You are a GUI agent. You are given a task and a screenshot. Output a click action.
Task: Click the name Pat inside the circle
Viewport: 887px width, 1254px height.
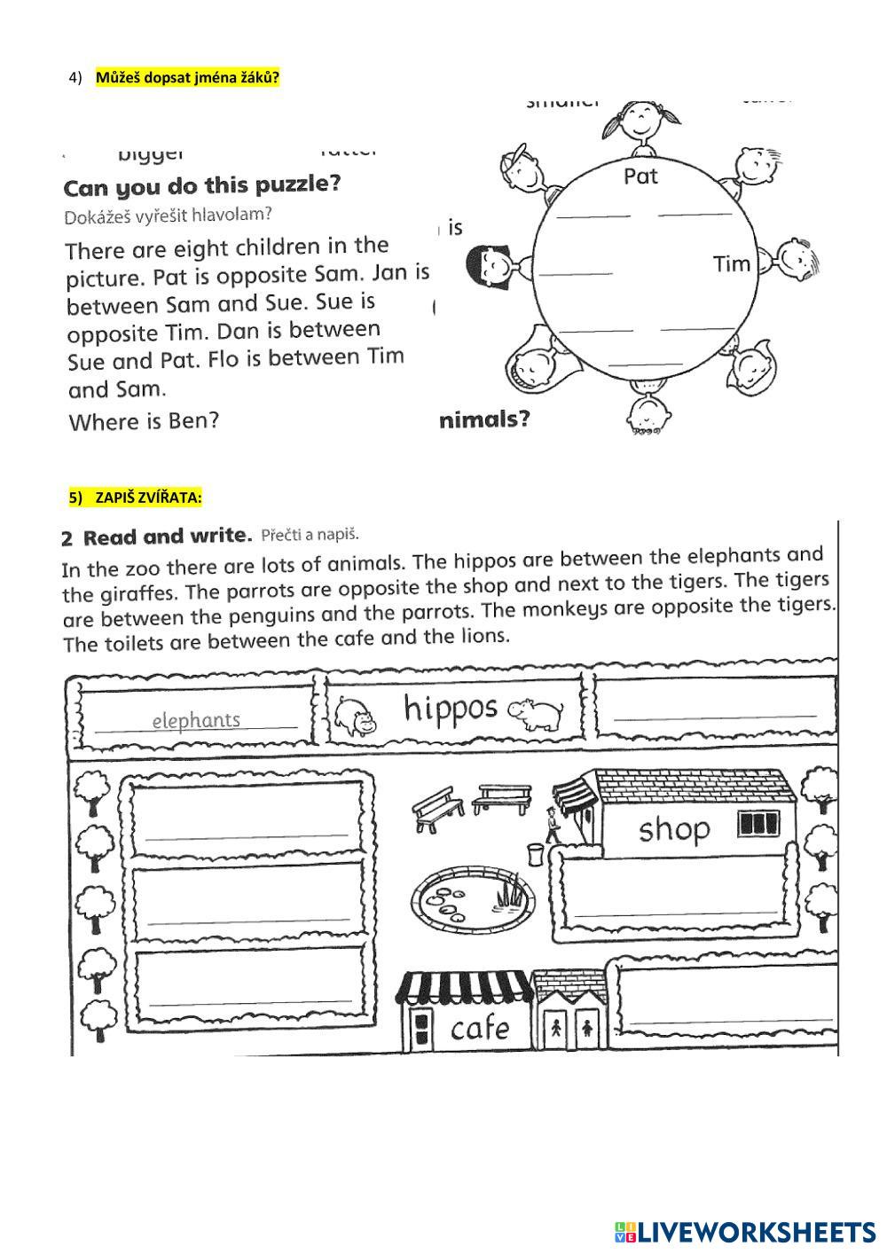pyautogui.click(x=640, y=176)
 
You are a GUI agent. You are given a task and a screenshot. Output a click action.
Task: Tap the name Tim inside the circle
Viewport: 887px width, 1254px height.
pyautogui.click(x=731, y=264)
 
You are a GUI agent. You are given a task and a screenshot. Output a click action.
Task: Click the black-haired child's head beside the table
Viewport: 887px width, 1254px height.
pyautogui.click(x=489, y=264)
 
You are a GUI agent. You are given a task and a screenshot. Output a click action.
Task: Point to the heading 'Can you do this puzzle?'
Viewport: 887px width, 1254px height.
pyautogui.click(x=202, y=186)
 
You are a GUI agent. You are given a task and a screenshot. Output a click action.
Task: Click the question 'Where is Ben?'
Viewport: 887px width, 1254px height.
pyautogui.click(x=144, y=421)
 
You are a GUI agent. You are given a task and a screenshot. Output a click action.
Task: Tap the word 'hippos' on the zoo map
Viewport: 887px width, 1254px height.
pyautogui.click(x=451, y=709)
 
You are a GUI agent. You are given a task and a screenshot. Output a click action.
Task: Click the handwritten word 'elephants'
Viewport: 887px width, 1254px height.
pyautogui.click(x=196, y=720)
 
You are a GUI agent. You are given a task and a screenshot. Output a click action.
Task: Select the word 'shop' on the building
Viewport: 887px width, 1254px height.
pyautogui.click(x=674, y=829)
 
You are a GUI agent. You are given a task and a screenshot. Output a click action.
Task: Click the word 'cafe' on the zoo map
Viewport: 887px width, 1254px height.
pyautogui.click(x=480, y=1029)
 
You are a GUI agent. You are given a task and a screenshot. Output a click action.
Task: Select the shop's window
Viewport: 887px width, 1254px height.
pyautogui.click(x=758, y=825)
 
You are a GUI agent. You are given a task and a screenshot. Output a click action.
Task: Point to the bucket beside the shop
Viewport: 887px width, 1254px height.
pyautogui.click(x=535, y=853)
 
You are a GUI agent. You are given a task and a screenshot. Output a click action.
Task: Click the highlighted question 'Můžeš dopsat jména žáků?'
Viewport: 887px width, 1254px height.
pyautogui.click(x=187, y=77)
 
